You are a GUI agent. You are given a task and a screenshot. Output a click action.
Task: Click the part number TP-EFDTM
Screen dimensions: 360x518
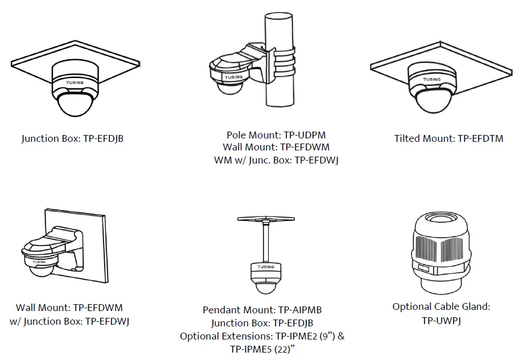click(x=480, y=138)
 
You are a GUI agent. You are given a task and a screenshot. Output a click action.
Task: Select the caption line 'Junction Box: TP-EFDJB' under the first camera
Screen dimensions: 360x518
click(x=72, y=138)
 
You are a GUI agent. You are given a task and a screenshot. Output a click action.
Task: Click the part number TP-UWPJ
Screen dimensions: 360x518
click(x=441, y=321)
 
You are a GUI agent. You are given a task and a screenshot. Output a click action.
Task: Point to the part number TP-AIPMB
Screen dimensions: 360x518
click(x=299, y=310)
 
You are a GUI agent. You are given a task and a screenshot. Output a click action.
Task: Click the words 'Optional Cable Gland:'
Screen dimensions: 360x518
click(x=441, y=307)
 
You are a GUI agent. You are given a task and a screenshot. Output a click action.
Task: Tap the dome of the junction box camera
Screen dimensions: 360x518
click(x=74, y=107)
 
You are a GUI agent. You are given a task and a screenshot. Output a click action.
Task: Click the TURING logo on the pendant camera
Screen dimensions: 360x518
click(x=265, y=267)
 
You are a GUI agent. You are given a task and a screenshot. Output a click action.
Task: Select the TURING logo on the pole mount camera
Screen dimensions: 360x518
click(x=233, y=77)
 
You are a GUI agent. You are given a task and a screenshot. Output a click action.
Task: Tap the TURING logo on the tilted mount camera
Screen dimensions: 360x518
click(x=432, y=79)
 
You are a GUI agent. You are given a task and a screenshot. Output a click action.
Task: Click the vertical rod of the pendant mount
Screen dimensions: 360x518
click(x=265, y=242)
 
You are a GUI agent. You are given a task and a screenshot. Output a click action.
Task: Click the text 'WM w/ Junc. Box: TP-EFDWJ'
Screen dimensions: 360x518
click(x=276, y=160)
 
